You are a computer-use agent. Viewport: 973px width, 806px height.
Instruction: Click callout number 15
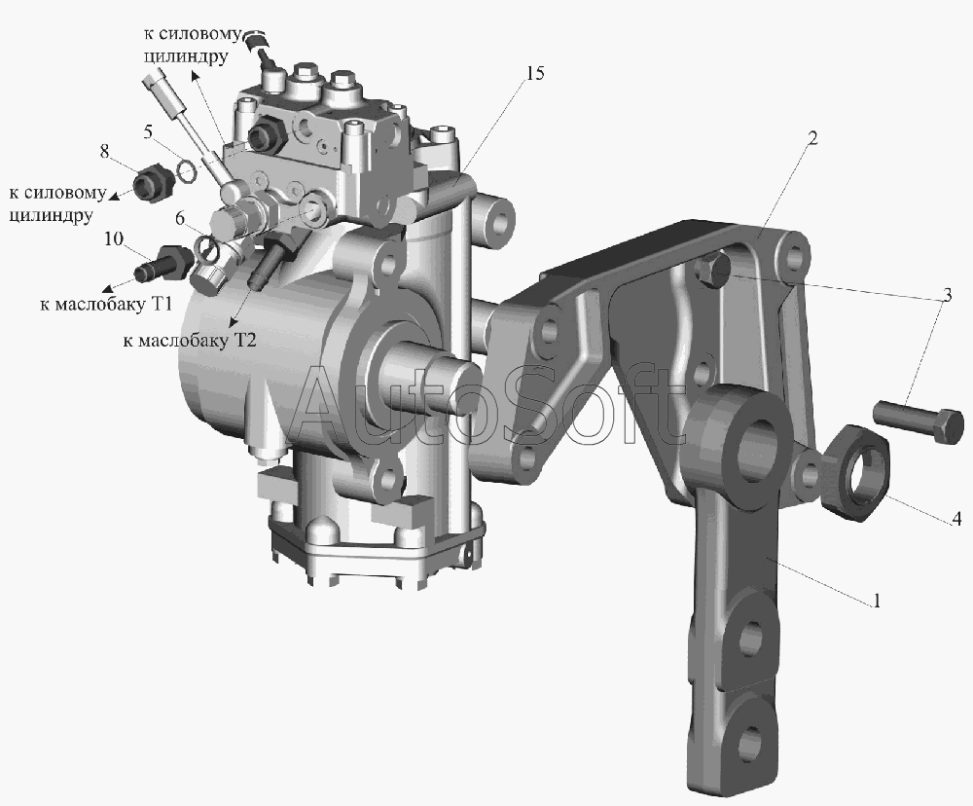click(x=534, y=73)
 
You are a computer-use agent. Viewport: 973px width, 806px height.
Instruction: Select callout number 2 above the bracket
click(x=812, y=137)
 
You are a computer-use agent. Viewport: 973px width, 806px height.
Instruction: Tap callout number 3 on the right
click(x=947, y=294)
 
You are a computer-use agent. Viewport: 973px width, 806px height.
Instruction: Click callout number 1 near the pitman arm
click(x=877, y=601)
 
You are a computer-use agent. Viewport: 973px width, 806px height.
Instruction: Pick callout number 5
click(x=147, y=131)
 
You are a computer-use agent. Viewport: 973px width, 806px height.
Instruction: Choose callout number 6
click(x=180, y=218)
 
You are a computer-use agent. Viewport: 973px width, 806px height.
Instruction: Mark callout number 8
click(x=104, y=150)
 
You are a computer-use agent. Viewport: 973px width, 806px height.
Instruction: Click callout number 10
click(x=114, y=238)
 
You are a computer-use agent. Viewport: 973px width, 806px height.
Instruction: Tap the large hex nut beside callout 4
click(x=857, y=473)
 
